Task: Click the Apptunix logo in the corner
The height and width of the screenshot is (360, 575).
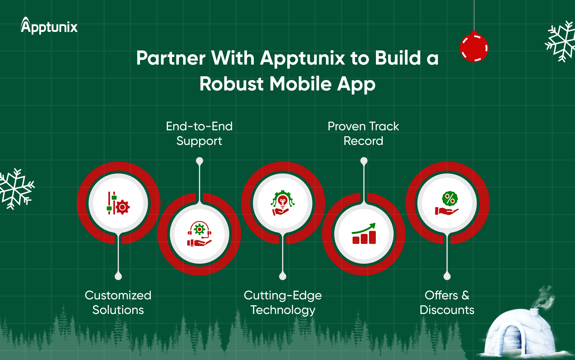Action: (x=49, y=26)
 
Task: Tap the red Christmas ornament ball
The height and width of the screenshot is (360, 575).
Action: (x=474, y=47)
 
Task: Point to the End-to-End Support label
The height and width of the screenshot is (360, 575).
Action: (x=199, y=134)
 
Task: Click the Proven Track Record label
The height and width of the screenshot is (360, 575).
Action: (x=363, y=134)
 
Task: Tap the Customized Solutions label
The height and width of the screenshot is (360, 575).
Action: (x=118, y=302)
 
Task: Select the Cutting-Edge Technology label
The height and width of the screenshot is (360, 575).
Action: (x=283, y=303)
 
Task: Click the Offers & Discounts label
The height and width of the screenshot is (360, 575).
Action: (x=447, y=302)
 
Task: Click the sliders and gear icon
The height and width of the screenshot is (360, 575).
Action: (x=118, y=203)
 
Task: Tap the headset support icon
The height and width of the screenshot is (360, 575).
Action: (x=199, y=234)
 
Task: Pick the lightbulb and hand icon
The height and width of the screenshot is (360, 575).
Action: (x=283, y=203)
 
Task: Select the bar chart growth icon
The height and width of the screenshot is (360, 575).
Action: (x=364, y=234)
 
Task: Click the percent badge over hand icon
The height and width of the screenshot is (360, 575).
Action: (x=447, y=203)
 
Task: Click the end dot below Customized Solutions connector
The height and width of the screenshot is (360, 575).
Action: (x=118, y=277)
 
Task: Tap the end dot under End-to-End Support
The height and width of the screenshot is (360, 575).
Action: (x=199, y=161)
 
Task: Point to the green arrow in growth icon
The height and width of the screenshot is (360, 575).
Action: (x=364, y=228)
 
